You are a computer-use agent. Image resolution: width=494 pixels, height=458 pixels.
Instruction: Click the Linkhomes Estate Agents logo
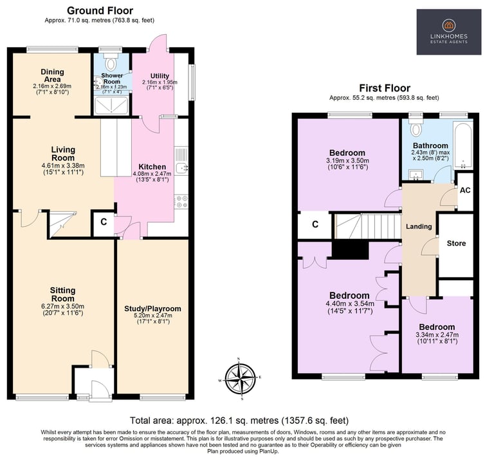pyautogui.click(x=448, y=32)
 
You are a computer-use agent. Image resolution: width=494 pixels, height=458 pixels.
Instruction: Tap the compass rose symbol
pyautogui.click(x=241, y=379)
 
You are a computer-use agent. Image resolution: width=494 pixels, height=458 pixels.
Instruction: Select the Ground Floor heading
pyautogui.click(x=100, y=11)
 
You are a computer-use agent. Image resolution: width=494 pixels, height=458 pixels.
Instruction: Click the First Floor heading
pyautogui.click(x=385, y=88)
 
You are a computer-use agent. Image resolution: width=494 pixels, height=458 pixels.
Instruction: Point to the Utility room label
pyautogui.click(x=160, y=76)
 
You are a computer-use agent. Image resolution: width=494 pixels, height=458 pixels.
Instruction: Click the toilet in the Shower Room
pyautogui.click(x=111, y=62)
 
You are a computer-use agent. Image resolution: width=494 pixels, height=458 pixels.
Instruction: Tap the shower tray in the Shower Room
pyautogui.click(x=111, y=106)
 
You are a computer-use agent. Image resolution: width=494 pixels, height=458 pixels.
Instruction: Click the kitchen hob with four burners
pyautogui.click(x=181, y=202)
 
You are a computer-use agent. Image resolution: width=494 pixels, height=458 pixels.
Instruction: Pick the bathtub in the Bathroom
pyautogui.click(x=463, y=146)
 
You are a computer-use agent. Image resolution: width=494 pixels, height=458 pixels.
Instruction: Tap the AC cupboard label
pyautogui.click(x=465, y=190)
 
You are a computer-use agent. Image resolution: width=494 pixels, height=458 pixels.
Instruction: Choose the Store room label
pyautogui.click(x=456, y=243)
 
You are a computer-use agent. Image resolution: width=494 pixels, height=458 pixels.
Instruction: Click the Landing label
pyautogui.click(x=419, y=227)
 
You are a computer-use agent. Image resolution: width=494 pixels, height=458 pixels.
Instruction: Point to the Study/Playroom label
pyautogui.click(x=152, y=309)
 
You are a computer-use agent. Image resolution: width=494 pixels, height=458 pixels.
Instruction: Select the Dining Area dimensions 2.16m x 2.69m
pyautogui.click(x=52, y=86)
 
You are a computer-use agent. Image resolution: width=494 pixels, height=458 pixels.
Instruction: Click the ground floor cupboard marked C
pyautogui.click(x=104, y=222)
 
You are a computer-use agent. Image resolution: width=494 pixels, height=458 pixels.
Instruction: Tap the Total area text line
pyautogui.click(x=239, y=421)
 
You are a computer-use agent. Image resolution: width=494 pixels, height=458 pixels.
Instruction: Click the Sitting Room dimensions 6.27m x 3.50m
pyautogui.click(x=63, y=307)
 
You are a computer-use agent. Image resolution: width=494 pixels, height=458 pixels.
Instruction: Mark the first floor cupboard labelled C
pyautogui.click(x=315, y=224)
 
